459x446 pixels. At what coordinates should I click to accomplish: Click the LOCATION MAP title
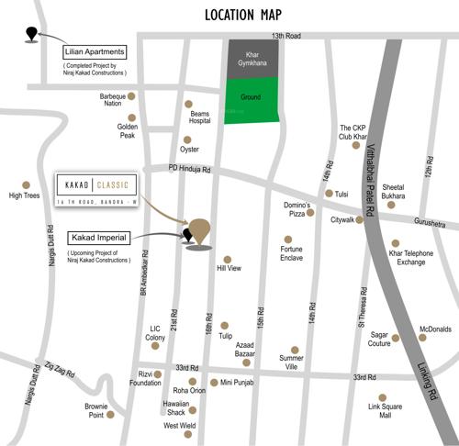tap(242, 14)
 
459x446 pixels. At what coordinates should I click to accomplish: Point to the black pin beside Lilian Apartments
tap(33, 35)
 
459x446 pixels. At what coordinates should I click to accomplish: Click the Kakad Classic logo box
tap(96, 189)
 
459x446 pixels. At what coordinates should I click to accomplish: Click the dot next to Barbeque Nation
tap(132, 95)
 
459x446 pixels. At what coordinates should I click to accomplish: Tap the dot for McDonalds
tap(422, 338)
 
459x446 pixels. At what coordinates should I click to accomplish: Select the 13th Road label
tap(285, 36)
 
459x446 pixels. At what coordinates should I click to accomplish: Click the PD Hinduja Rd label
tap(190, 169)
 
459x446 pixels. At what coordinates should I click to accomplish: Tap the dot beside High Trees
tap(26, 184)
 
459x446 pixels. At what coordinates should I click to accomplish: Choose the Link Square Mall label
tap(385, 409)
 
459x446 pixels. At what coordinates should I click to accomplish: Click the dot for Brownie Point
tap(111, 414)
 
